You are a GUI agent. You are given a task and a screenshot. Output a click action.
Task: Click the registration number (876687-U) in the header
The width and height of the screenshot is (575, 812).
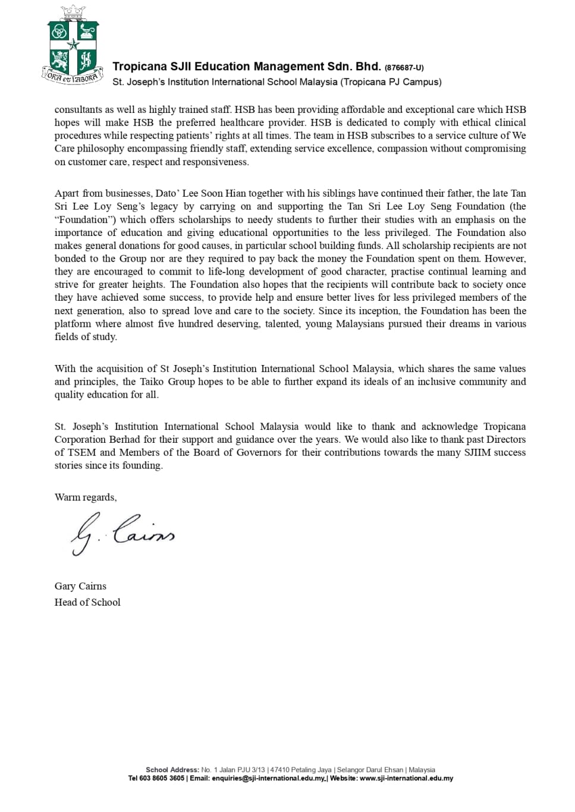point(404,68)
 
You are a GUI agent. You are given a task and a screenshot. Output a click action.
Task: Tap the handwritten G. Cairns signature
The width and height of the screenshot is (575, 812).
point(122,533)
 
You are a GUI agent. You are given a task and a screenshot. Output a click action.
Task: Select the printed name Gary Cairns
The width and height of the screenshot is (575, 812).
point(80,586)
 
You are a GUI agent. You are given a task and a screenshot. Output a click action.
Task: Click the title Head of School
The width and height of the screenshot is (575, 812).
point(87,602)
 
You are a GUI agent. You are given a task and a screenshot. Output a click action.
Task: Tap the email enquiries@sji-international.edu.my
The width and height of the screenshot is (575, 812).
point(268,778)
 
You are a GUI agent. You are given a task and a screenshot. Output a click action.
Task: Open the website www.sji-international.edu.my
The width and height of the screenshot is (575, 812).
point(406,778)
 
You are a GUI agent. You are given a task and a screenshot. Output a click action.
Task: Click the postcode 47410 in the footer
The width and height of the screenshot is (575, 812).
point(279,770)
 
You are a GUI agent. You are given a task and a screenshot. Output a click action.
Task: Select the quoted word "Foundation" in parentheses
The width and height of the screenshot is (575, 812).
point(83,219)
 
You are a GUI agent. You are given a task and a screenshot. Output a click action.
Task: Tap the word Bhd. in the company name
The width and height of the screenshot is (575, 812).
point(368,67)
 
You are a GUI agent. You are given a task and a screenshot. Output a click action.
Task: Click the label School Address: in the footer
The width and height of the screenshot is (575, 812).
point(172,770)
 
